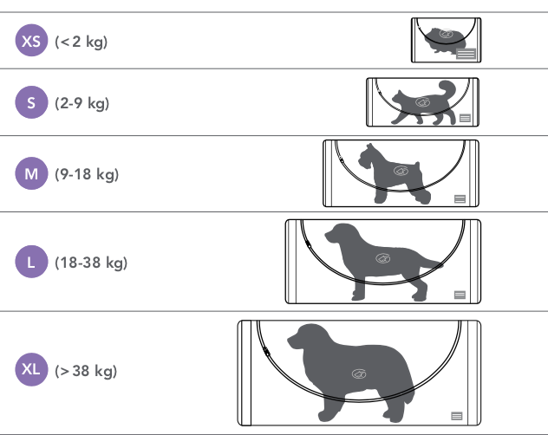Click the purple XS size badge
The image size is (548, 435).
(x=31, y=40)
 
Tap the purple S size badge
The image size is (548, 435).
(x=31, y=102)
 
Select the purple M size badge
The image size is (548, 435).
(x=31, y=173)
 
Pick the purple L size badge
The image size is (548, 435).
(x=31, y=262)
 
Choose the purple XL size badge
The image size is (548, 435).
(x=31, y=370)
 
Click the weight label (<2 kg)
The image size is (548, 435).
(x=82, y=42)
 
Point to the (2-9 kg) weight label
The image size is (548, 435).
(x=82, y=103)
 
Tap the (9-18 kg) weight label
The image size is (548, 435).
(x=87, y=174)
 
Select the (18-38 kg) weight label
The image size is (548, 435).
(x=91, y=263)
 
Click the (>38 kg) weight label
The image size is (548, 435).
(x=86, y=371)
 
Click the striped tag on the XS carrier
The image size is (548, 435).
(x=466, y=54)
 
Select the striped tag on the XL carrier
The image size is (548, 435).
(x=457, y=416)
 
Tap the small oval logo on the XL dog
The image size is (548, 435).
(x=359, y=373)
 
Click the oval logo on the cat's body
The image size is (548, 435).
(x=422, y=102)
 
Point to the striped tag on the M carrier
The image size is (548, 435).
(x=460, y=198)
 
